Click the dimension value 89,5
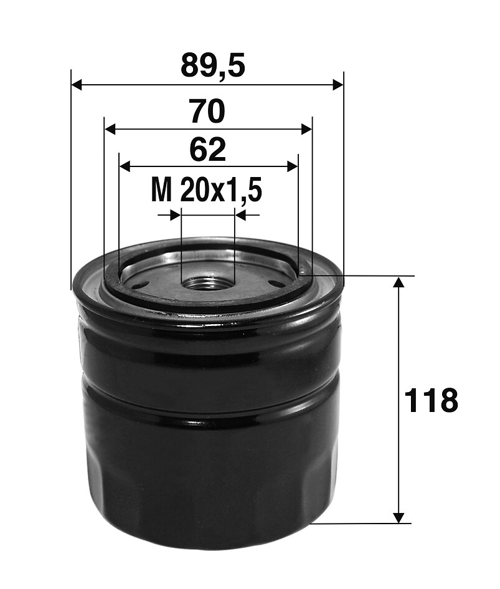click(x=213, y=65)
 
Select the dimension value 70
click(x=207, y=111)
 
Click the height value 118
click(x=432, y=400)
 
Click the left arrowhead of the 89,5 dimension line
click(x=77, y=85)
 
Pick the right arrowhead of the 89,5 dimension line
click(x=338, y=85)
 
